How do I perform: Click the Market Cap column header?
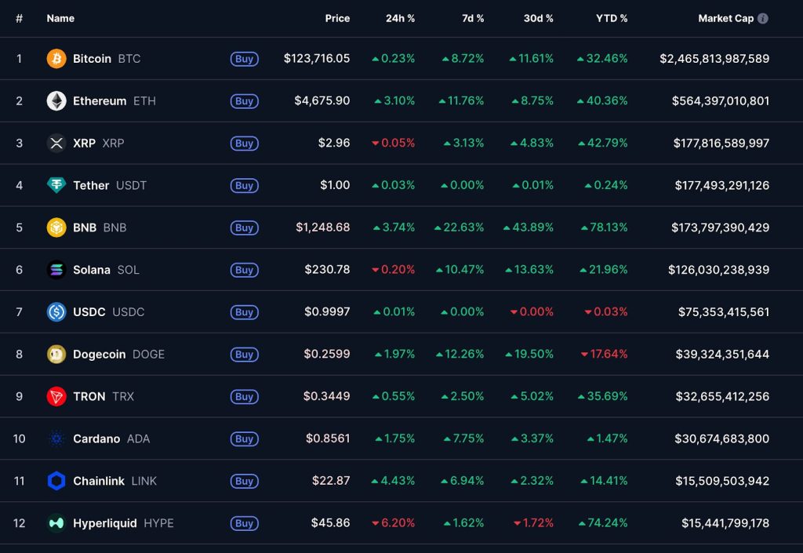pyautogui.click(x=725, y=18)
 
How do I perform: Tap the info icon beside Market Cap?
pyautogui.click(x=763, y=18)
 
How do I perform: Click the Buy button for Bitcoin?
pyautogui.click(x=244, y=59)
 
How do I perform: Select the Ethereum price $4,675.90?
pyautogui.click(x=322, y=101)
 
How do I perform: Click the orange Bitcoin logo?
pyautogui.click(x=56, y=59)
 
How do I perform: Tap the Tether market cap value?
pyautogui.click(x=721, y=186)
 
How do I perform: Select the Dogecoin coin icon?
pyautogui.click(x=56, y=355)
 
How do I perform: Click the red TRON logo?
pyautogui.click(x=56, y=397)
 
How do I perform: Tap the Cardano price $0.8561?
pyautogui.click(x=327, y=439)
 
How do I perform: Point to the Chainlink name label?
pyautogui.click(x=98, y=482)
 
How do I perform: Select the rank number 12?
pyautogui.click(x=19, y=523)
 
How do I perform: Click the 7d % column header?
pyautogui.click(x=473, y=18)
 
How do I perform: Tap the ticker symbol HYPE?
pyautogui.click(x=158, y=523)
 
